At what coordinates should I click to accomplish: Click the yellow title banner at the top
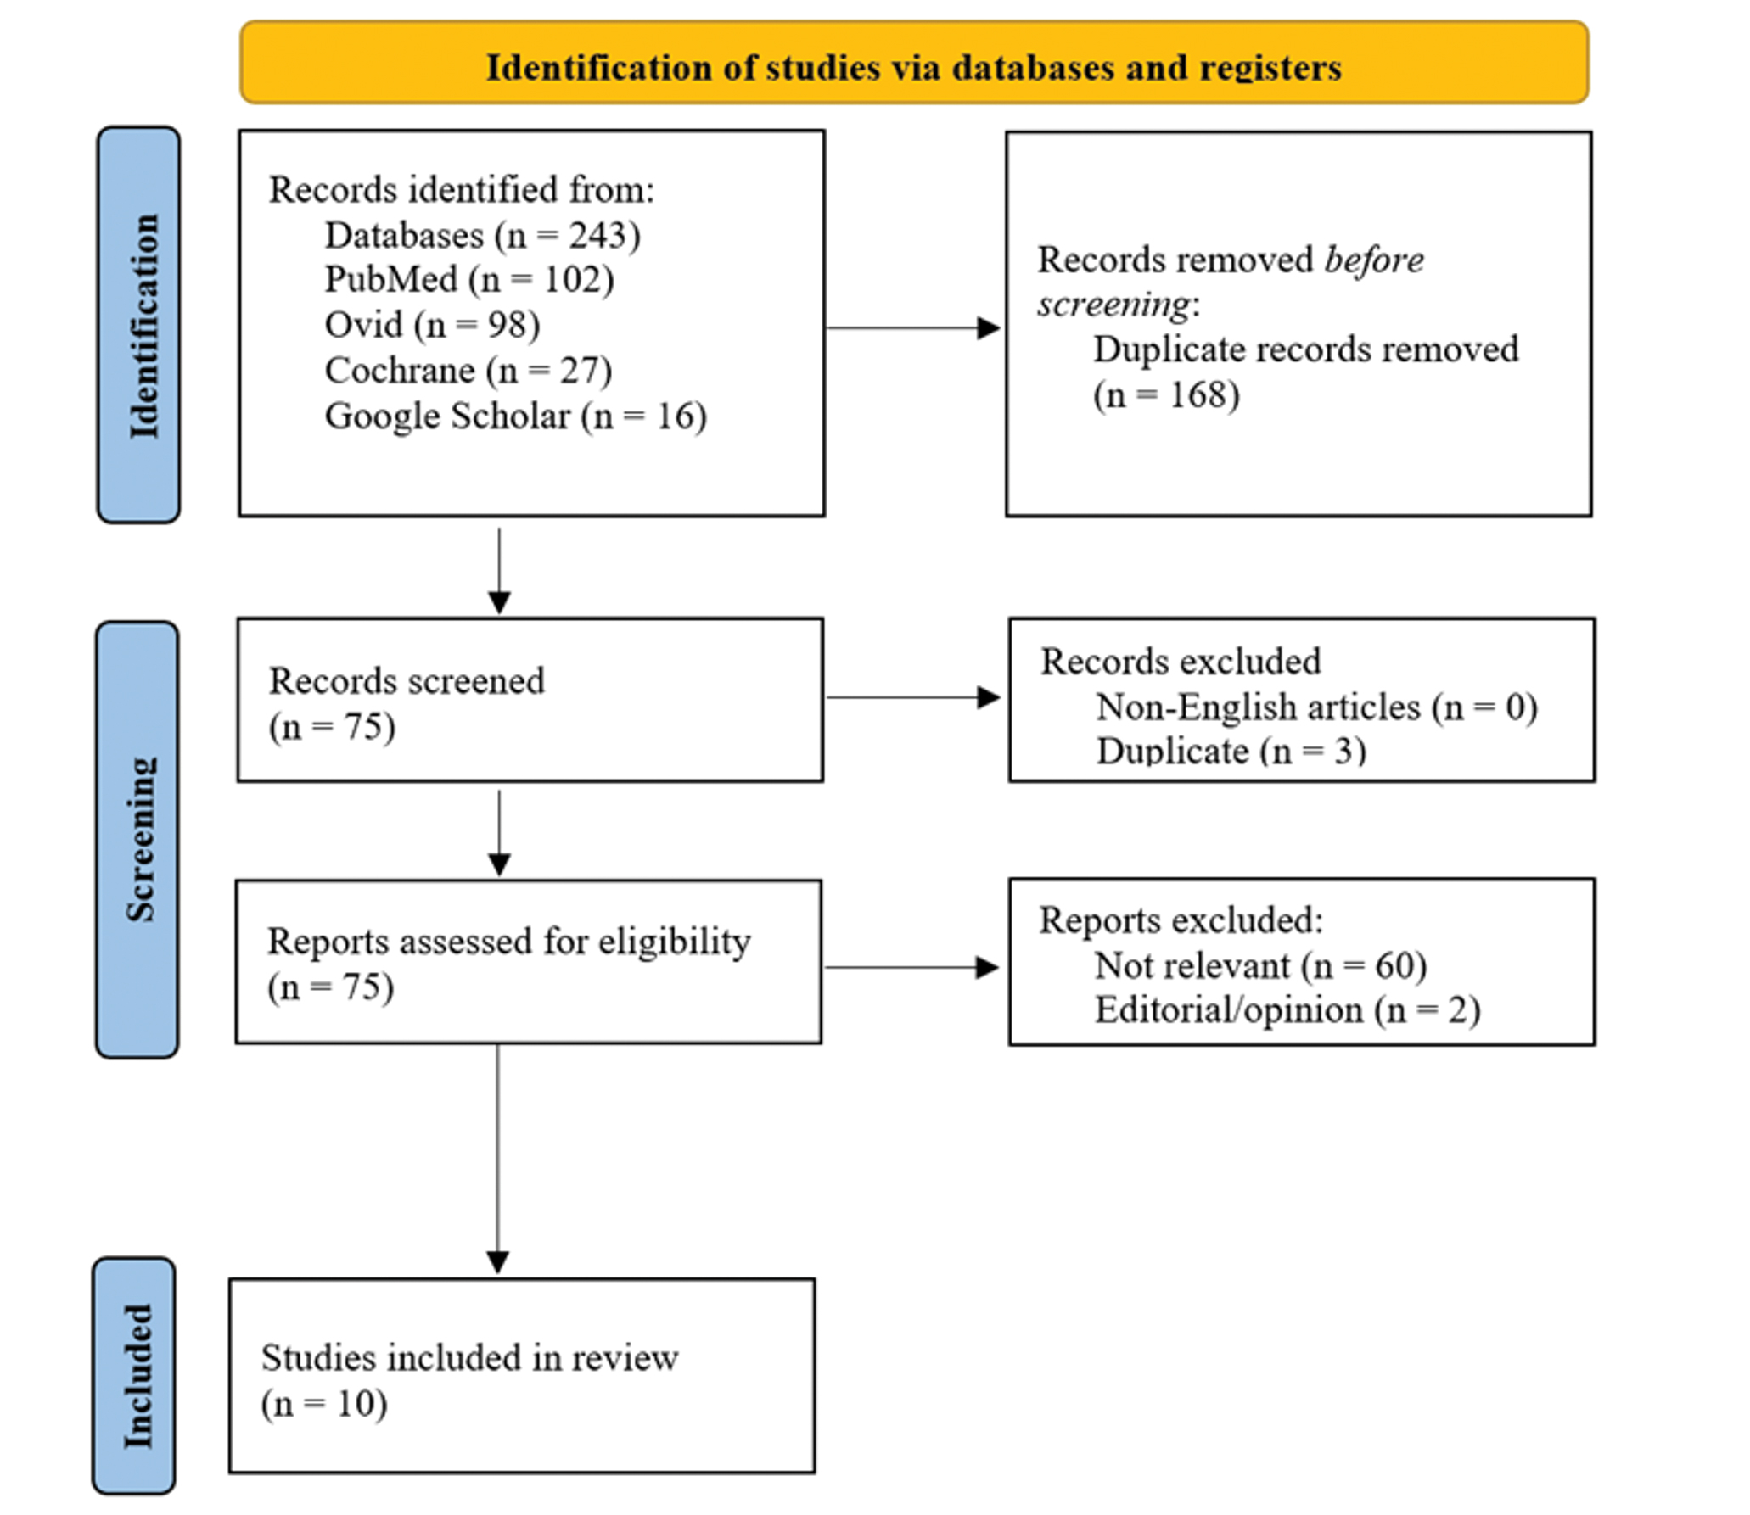tap(914, 64)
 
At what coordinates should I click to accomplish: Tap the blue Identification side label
tap(139, 325)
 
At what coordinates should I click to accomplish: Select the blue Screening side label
tap(137, 839)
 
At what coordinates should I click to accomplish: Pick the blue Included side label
tap(135, 1376)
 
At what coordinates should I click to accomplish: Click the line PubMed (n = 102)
tap(468, 280)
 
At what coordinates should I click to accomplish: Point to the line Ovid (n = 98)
tap(432, 325)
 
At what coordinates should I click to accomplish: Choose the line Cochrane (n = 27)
tap(468, 371)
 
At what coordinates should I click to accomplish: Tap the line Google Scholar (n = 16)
tap(515, 416)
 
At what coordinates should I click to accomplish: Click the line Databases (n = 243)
tap(482, 235)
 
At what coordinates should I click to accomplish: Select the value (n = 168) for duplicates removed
tap(1166, 395)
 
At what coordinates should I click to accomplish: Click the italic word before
tap(1374, 260)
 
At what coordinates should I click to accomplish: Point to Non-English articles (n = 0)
tap(1316, 707)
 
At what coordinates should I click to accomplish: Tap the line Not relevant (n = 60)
tap(1260, 965)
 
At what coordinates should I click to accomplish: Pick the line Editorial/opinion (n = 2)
tap(1287, 1010)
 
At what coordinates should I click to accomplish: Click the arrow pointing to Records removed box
tap(913, 327)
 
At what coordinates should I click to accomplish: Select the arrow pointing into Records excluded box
tap(913, 697)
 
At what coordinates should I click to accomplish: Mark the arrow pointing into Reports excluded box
tap(911, 967)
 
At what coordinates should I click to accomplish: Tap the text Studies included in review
tap(469, 1358)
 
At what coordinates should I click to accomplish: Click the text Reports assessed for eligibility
tap(509, 942)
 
